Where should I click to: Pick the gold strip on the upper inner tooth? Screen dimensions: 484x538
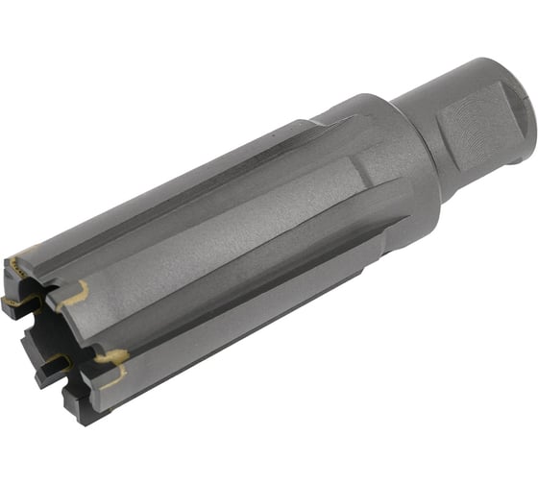coord(19,302)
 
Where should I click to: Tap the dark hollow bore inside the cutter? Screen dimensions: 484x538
coord(38,331)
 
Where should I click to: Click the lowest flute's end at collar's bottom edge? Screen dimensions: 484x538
coord(384,226)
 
